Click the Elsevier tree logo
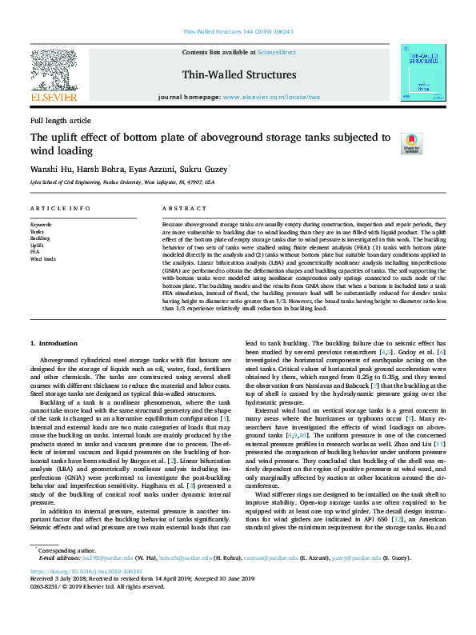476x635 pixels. (x=54, y=70)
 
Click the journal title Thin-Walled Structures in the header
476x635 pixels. (x=238, y=75)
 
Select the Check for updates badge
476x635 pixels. (x=389, y=144)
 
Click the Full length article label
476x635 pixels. (x=60, y=120)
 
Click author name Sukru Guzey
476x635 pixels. (x=206, y=170)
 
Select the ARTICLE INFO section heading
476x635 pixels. (x=60, y=208)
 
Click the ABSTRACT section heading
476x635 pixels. (x=179, y=208)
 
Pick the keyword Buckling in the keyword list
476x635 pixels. (x=40, y=238)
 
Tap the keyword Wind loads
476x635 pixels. (x=43, y=259)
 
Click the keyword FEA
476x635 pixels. (x=35, y=252)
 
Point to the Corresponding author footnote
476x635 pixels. (x=65, y=551)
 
